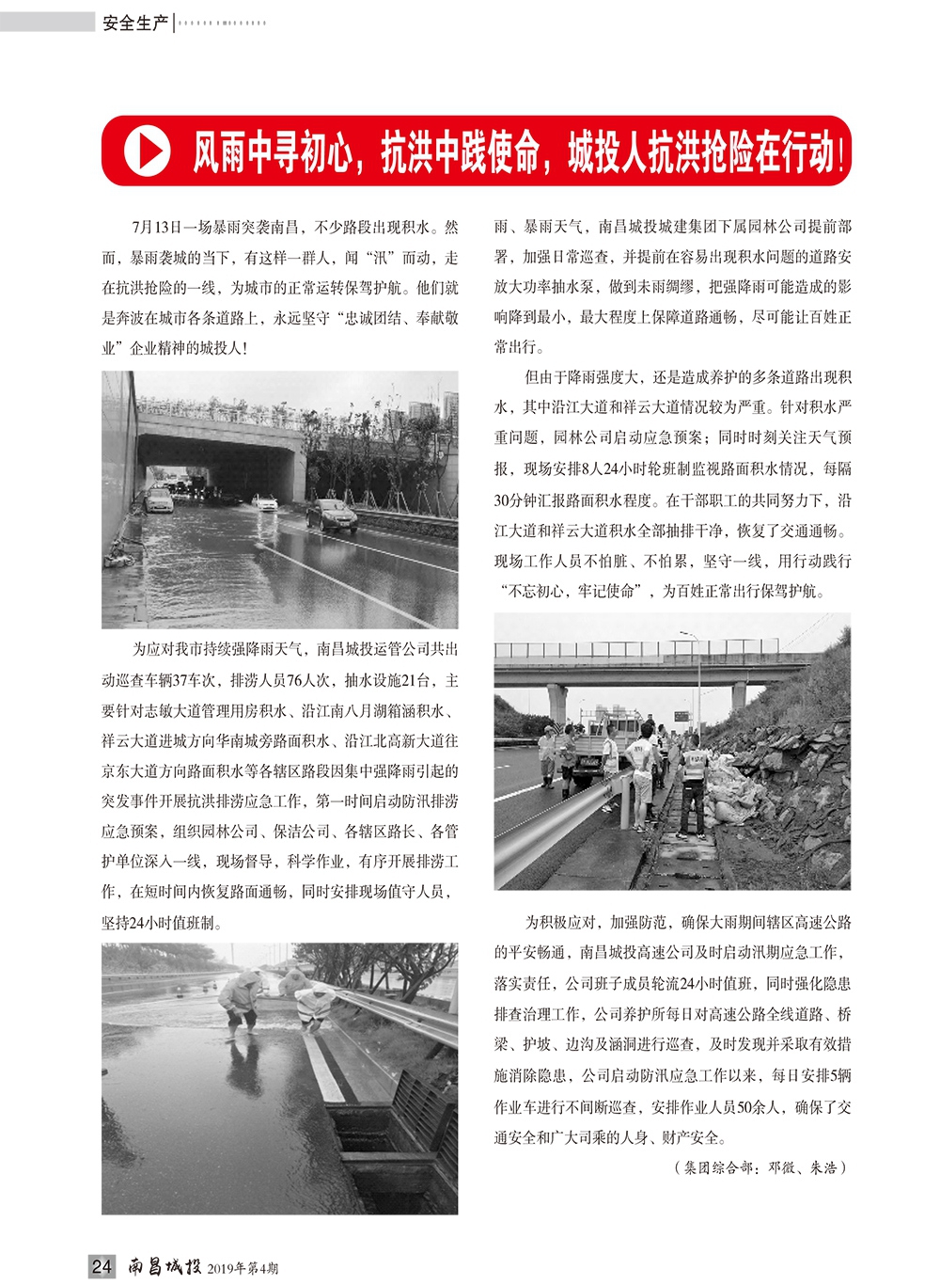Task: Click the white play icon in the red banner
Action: [x=147, y=151]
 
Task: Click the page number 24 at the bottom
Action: [x=102, y=1266]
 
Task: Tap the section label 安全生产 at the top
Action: [x=134, y=23]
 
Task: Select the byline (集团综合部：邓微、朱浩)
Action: [x=760, y=1168]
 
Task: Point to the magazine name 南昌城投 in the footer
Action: [x=164, y=1266]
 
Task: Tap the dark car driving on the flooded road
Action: [x=332, y=515]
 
